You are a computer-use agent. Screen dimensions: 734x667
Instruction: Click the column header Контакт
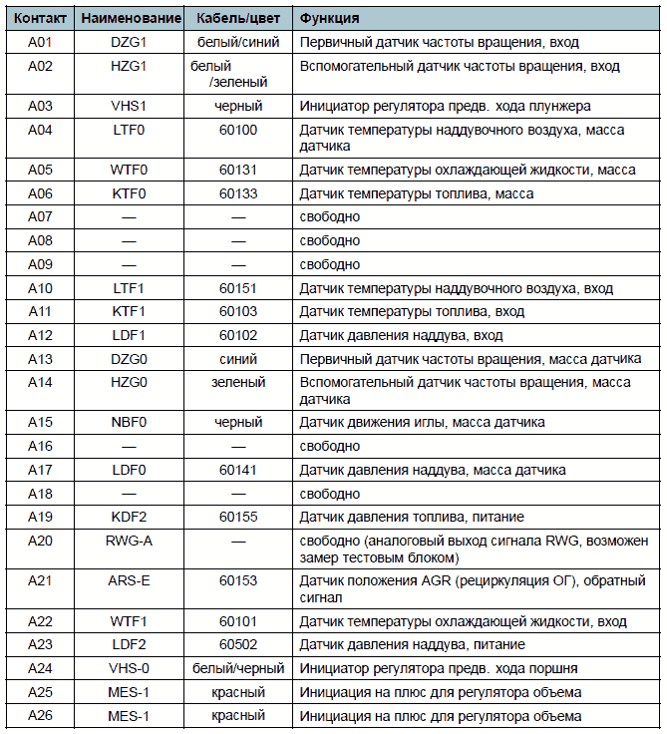tap(40, 19)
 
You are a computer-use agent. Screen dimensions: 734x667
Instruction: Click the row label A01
tap(40, 43)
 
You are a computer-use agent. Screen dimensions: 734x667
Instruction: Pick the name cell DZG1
tap(129, 43)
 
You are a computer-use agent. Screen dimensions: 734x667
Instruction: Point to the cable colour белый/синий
tap(238, 43)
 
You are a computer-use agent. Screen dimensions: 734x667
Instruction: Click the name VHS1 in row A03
tap(129, 107)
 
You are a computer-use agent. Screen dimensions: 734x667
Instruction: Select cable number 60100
tap(238, 131)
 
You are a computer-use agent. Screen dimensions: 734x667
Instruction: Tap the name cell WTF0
tap(129, 170)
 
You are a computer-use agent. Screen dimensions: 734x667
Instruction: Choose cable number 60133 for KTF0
tap(238, 193)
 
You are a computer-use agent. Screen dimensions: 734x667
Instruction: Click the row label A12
tap(40, 336)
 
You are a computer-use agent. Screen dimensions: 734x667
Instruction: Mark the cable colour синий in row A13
tap(238, 359)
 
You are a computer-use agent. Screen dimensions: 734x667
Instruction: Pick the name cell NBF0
tap(129, 422)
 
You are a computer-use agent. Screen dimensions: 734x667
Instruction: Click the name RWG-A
tap(129, 542)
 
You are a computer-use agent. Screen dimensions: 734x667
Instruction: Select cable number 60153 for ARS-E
tap(238, 580)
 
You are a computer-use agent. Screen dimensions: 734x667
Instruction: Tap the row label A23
tap(40, 644)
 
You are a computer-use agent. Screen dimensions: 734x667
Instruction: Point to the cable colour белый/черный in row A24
tap(238, 668)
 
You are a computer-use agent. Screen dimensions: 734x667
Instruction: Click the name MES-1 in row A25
tap(129, 692)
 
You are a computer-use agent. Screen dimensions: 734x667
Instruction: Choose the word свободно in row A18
tap(330, 494)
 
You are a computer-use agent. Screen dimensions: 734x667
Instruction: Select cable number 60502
tap(238, 644)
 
